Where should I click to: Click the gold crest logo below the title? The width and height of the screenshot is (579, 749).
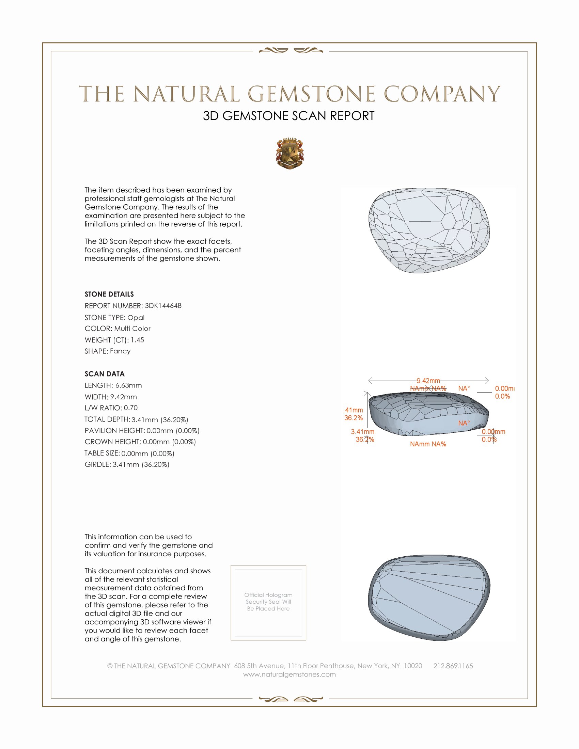coord(290,153)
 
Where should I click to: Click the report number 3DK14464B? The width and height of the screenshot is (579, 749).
coord(163,306)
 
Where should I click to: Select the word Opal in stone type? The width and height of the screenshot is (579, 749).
coord(136,318)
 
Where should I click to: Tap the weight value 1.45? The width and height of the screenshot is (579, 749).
coord(137,340)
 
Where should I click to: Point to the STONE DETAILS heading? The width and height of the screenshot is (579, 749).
coord(109,294)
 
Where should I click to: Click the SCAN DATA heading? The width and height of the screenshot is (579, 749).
coord(105,374)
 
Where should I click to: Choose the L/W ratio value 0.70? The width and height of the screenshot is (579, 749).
coord(131,408)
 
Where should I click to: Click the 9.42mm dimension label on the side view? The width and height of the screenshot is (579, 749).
coord(428,381)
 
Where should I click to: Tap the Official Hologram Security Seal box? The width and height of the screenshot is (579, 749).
coord(268,603)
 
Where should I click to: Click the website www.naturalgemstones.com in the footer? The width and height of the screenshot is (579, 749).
coord(289,674)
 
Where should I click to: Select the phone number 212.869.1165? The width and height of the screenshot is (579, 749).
coord(453,666)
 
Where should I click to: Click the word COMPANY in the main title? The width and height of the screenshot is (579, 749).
coord(442,94)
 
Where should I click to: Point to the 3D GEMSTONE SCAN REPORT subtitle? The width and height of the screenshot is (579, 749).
coord(288,116)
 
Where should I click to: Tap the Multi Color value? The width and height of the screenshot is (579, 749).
coord(132,329)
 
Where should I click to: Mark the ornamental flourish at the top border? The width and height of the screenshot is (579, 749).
coord(291,51)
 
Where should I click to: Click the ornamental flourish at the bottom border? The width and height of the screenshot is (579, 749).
coord(291,699)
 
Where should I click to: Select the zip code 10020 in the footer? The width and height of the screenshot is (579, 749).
coord(413,666)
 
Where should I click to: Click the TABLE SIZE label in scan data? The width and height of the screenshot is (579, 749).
coord(102,453)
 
